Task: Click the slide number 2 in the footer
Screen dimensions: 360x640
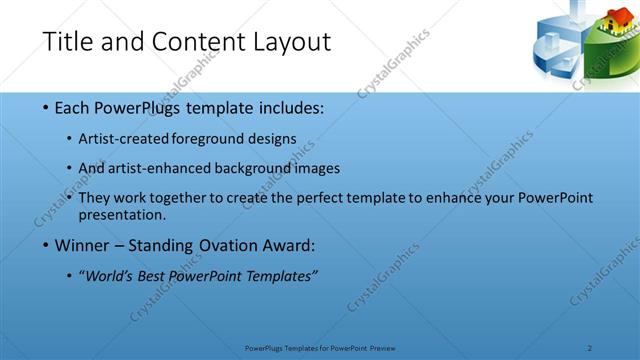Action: click(590, 347)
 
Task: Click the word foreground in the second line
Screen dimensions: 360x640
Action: click(209, 137)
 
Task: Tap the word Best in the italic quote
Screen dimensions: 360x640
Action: click(155, 276)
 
